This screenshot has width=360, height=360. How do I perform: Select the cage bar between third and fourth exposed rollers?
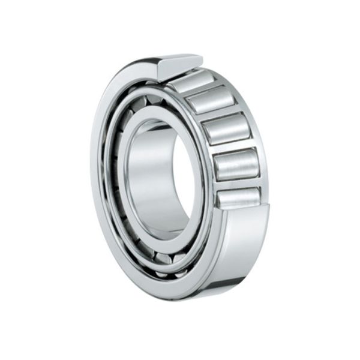pos(232,146)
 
